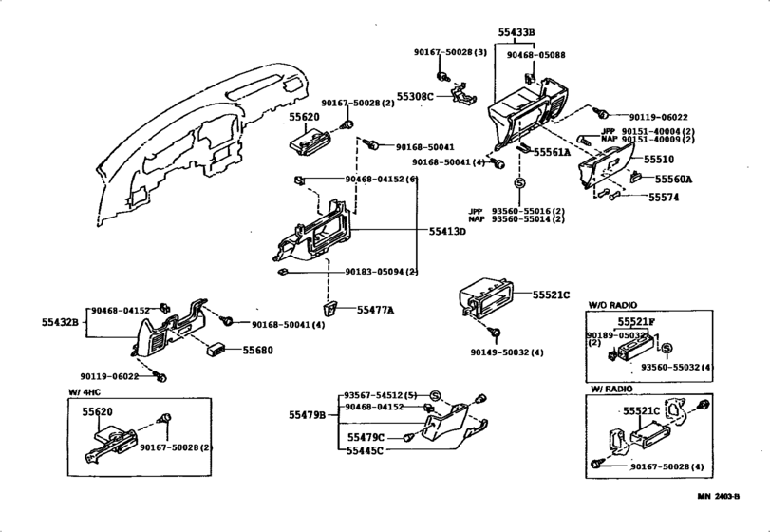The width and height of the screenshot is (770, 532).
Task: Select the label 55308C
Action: point(415,96)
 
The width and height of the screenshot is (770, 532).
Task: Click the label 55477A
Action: point(375,310)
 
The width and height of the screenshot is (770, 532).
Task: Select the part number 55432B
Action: point(60,323)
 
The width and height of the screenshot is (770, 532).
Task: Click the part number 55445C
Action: point(365,450)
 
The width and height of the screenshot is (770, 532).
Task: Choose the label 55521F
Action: point(637,322)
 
